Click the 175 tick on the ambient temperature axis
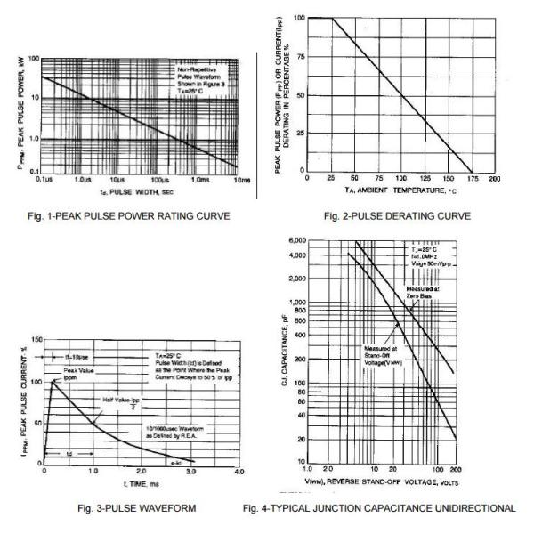471,178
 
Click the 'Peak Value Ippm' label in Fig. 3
72,373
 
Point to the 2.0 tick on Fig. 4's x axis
332,468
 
